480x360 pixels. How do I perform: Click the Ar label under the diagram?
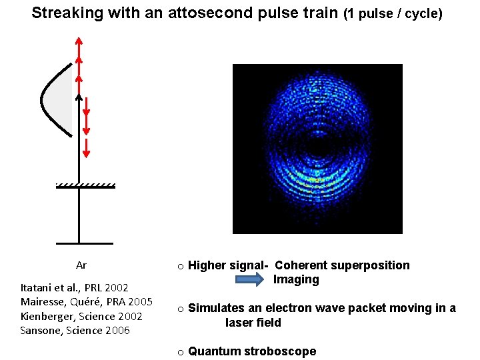[81, 265]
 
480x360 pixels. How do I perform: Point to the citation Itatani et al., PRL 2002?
[75, 288]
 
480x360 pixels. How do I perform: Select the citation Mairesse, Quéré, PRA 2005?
[87, 302]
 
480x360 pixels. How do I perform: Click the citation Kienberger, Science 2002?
[81, 316]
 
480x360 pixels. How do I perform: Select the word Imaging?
[296, 280]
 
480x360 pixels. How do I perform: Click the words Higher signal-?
[228, 265]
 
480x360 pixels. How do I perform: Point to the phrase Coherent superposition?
[342, 265]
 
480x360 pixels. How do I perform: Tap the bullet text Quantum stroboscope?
[252, 351]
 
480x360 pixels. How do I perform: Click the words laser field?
[253, 323]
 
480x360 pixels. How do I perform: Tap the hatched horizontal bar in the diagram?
[85, 186]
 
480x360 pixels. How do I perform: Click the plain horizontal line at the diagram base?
[79, 243]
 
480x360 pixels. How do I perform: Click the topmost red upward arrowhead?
[79, 42]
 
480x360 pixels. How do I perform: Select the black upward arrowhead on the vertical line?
[79, 97]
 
